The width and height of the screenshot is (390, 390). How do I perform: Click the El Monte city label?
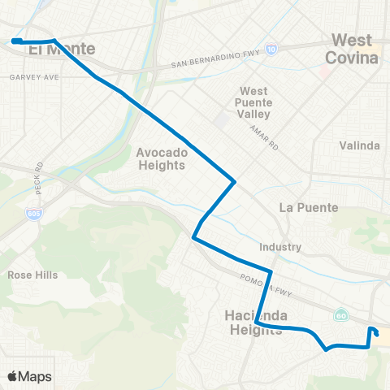click(62, 50)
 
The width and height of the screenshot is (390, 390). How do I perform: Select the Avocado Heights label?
click(162, 158)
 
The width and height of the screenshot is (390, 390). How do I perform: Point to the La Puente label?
click(308, 207)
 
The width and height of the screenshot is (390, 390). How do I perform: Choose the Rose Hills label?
click(32, 275)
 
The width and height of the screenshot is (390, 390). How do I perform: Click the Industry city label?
click(281, 247)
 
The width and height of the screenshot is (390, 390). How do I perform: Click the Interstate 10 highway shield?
click(271, 50)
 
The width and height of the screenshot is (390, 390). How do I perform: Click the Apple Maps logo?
click(29, 376)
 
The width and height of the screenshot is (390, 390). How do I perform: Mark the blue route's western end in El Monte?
click(15, 40)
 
